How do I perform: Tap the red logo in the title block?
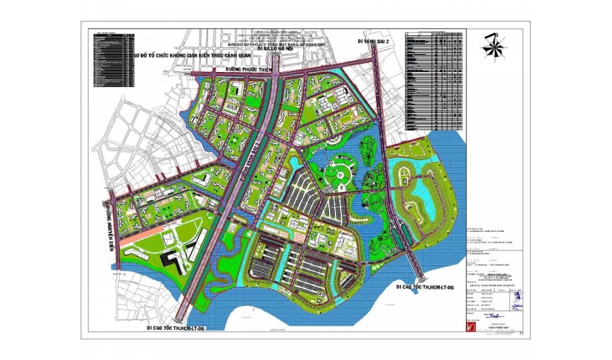coord(470,325)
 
